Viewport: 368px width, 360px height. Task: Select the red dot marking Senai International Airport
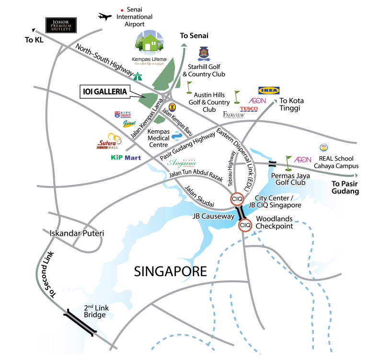(123, 10)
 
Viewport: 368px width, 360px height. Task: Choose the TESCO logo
(249, 109)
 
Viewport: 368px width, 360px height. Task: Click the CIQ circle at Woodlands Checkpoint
(245, 225)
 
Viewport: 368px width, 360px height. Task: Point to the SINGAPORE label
(170, 272)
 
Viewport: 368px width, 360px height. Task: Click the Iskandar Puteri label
(77, 234)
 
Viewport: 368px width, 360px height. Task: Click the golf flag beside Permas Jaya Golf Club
(288, 163)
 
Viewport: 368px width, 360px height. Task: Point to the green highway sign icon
(138, 75)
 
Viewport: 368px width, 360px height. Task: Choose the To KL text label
(34, 40)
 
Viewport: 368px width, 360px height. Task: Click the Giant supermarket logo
(129, 124)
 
